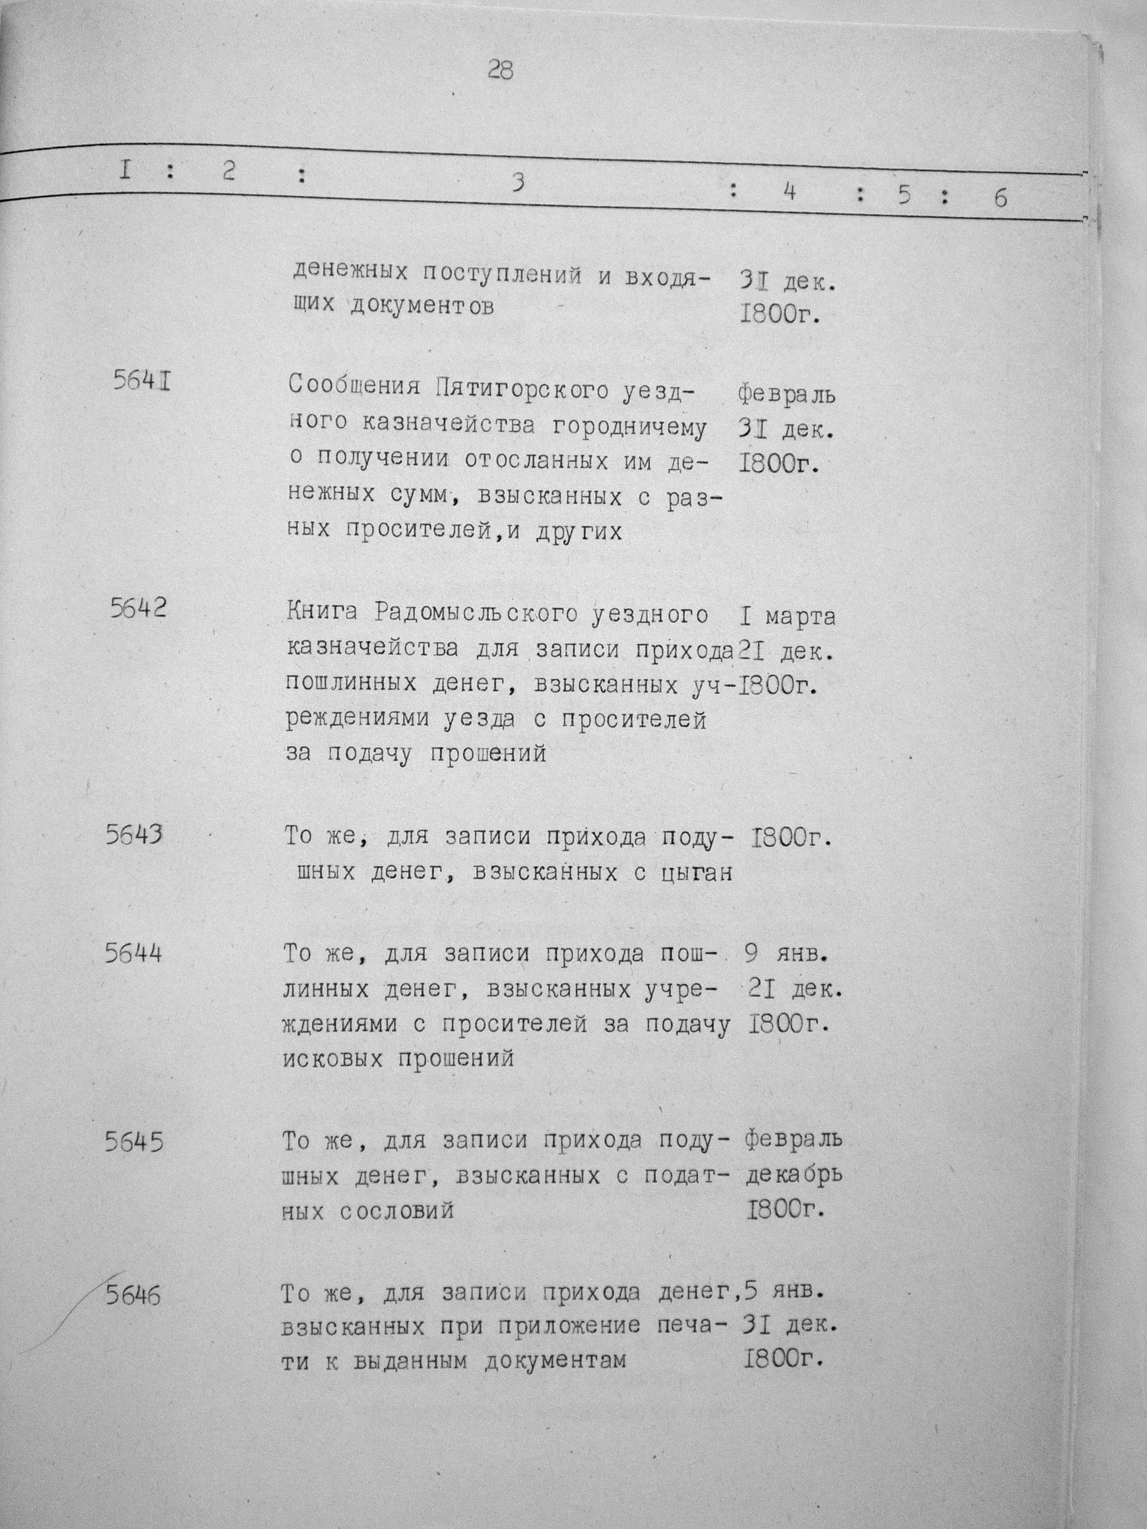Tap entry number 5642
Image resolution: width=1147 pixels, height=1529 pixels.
pos(138,608)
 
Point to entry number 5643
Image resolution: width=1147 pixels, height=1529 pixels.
pos(135,835)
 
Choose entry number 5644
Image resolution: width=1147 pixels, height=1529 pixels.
pos(134,953)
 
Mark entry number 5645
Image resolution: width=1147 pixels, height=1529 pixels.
pos(134,1142)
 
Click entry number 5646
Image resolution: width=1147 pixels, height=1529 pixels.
pos(134,1295)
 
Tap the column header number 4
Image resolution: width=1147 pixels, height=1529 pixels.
pos(789,192)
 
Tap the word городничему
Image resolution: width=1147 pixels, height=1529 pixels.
pos(629,426)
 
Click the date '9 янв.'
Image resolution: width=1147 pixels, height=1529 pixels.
pos(786,954)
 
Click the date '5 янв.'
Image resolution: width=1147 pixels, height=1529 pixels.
pos(784,1291)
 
